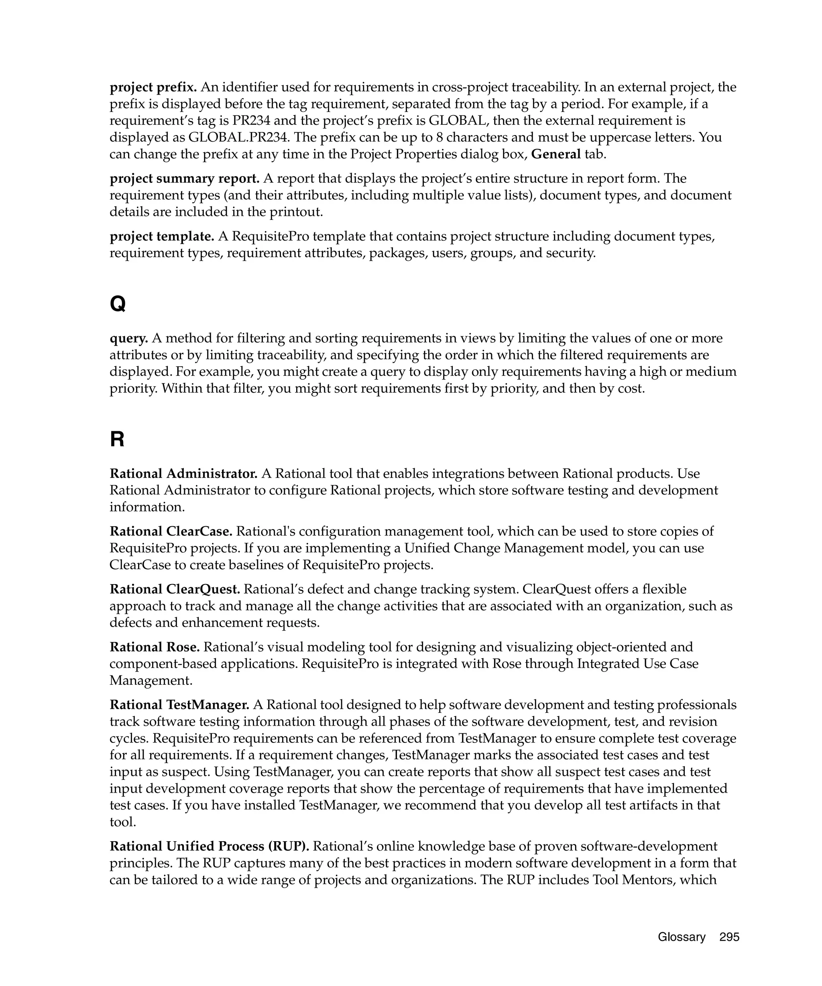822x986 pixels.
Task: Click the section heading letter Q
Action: (118, 304)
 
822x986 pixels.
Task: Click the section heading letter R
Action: (117, 440)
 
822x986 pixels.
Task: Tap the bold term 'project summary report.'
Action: (185, 179)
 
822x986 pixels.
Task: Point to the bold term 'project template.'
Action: (162, 236)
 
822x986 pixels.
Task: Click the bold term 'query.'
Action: (129, 338)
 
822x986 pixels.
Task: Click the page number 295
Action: (729, 937)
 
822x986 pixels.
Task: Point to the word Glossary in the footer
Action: (682, 937)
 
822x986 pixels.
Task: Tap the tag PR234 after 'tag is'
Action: (251, 121)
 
